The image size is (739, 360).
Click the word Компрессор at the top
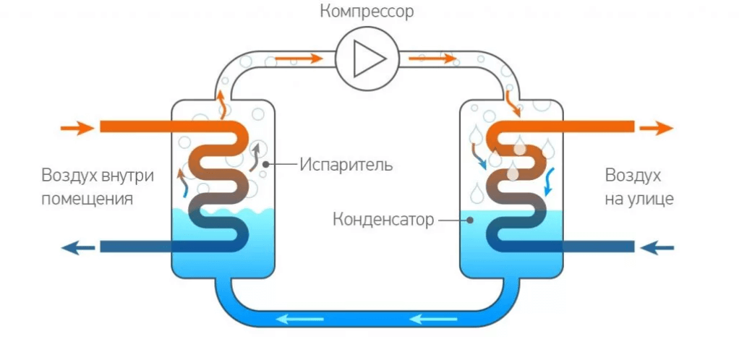(368, 13)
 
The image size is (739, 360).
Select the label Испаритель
(346, 164)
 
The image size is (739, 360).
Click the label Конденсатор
(383, 218)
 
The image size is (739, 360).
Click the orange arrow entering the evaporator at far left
(77, 128)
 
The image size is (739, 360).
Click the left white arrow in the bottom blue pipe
(301, 317)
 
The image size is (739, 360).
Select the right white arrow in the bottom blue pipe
(430, 317)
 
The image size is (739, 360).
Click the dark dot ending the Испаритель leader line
(267, 164)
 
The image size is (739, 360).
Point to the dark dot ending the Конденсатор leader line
(469, 218)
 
